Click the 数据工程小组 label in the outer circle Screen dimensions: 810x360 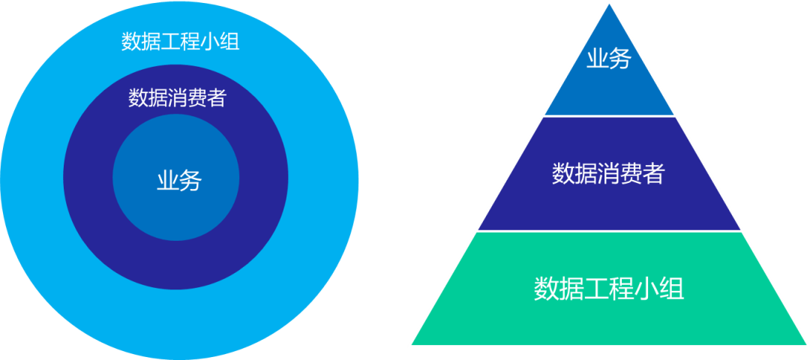[180, 42]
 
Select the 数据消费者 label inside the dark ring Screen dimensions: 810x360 [177, 97]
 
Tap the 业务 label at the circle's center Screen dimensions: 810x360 [178, 181]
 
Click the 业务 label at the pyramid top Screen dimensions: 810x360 [608, 59]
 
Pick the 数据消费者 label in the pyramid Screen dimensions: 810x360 [608, 173]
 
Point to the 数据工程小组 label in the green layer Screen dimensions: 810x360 [609, 288]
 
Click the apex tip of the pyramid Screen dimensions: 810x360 [610, 4]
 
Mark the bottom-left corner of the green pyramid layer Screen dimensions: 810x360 [412, 344]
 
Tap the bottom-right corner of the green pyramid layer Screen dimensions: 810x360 [806, 344]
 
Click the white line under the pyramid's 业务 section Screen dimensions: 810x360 [610, 116]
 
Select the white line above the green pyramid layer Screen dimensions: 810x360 [610, 231]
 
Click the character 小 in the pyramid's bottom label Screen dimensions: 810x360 [646, 288]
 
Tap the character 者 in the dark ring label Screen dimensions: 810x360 [217, 97]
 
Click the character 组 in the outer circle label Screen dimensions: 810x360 [230, 42]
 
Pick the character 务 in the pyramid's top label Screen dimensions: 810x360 [620, 59]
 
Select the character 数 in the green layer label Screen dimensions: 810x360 [546, 288]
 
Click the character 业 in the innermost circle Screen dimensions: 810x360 [167, 181]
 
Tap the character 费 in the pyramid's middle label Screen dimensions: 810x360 [631, 173]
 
